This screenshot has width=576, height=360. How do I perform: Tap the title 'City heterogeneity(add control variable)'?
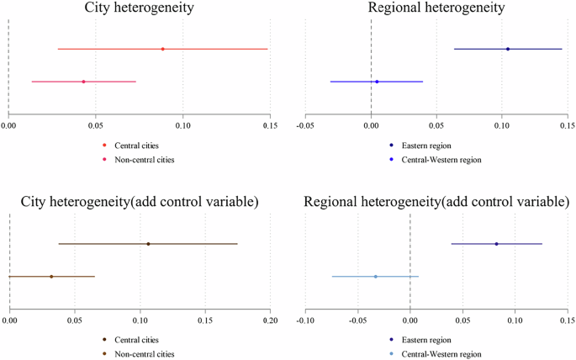(x=139, y=204)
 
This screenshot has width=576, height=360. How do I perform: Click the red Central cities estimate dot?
(x=162, y=49)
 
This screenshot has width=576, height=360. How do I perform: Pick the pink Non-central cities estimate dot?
(x=83, y=82)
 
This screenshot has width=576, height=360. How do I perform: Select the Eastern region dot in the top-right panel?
(x=508, y=49)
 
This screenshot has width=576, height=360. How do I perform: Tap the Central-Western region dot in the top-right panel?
(x=377, y=82)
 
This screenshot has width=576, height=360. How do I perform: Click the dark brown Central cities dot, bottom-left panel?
(x=148, y=244)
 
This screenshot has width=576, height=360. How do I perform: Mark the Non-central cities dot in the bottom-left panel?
(x=51, y=276)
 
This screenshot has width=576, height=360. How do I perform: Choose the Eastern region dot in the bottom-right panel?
(x=496, y=244)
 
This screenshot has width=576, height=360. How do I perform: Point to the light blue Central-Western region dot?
(x=375, y=276)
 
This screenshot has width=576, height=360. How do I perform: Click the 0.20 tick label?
(x=270, y=320)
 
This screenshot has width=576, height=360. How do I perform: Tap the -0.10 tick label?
(x=304, y=320)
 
